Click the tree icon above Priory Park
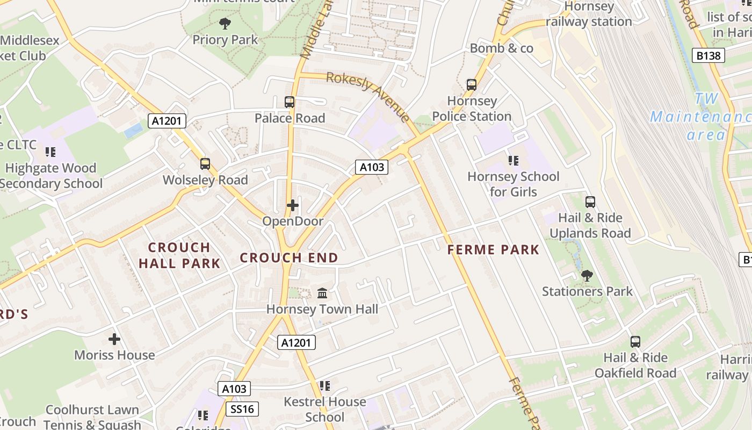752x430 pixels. pos(225,23)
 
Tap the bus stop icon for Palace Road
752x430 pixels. pos(290,102)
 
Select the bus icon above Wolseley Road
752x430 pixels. pos(205,164)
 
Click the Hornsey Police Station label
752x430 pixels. pos(472,109)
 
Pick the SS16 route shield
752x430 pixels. pos(242,409)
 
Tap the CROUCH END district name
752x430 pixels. pos(289,258)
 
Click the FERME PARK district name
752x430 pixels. pos(493,249)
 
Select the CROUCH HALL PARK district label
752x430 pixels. pos(179,255)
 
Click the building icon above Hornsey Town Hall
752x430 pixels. pos(322,293)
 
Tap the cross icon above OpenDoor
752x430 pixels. pos(293,205)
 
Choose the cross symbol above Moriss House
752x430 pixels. pos(114,339)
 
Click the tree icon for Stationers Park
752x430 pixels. pos(587,276)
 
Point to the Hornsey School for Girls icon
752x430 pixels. pos(513,160)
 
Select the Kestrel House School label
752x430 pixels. pos(324,409)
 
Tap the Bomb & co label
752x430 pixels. pos(501,48)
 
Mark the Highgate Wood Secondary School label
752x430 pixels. pos(50,176)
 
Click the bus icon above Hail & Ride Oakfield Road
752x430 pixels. pos(635,341)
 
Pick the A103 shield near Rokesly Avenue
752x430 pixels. pos(372,167)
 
